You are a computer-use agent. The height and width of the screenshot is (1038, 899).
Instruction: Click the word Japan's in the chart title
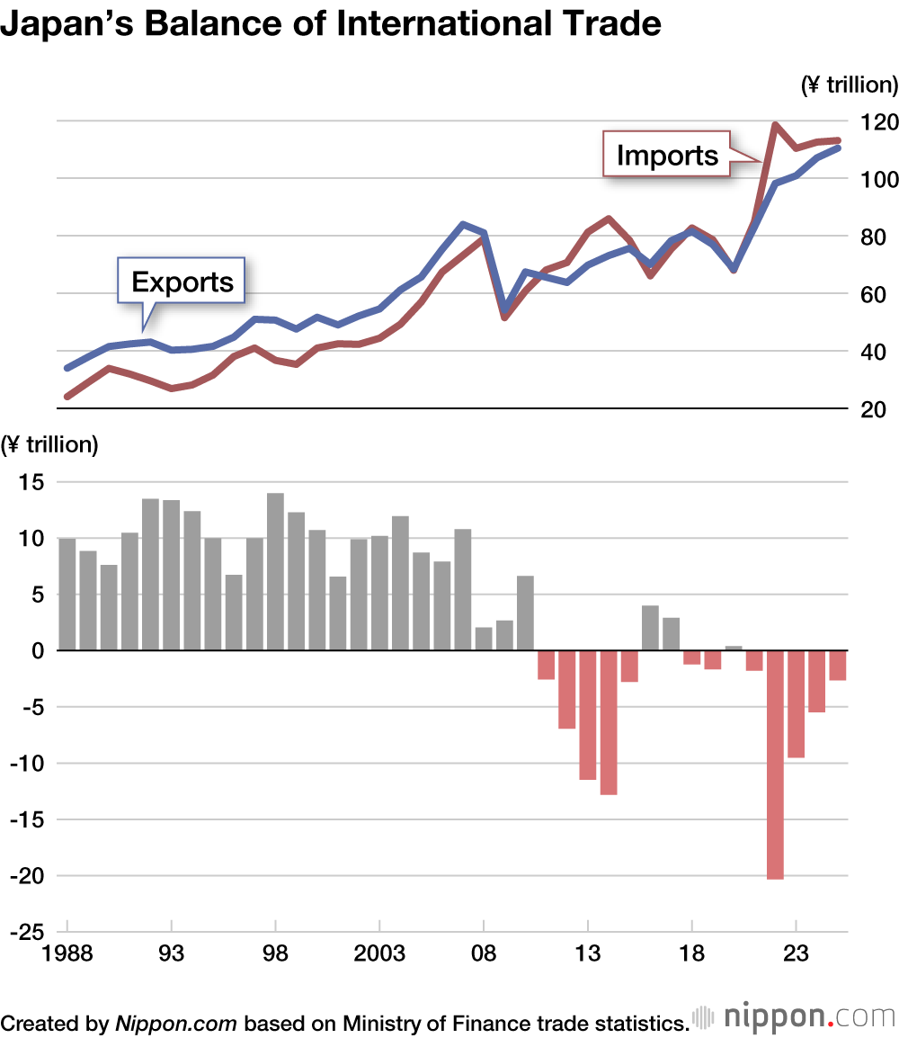63,24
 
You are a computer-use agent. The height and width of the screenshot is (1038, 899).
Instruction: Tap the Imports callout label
667,156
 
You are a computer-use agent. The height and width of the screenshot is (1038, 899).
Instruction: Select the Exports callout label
182,282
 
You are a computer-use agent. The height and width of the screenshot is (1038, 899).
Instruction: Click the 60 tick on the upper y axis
877,295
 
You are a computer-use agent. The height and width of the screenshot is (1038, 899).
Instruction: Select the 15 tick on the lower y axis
32,482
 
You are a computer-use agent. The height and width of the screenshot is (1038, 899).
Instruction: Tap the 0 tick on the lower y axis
39,650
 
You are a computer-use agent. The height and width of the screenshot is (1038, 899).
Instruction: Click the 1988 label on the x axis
67,953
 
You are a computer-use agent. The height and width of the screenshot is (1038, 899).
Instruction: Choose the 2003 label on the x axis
379,953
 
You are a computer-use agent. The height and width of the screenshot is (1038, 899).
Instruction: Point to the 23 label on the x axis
796,953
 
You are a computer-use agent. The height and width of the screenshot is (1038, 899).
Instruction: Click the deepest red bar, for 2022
775,765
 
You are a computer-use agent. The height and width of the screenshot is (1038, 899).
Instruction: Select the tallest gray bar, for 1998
275,571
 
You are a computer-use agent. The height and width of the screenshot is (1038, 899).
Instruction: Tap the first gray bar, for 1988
67,594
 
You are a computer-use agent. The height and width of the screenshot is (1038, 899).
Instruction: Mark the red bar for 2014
609,722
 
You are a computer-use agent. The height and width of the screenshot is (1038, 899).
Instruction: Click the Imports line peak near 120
775,125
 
